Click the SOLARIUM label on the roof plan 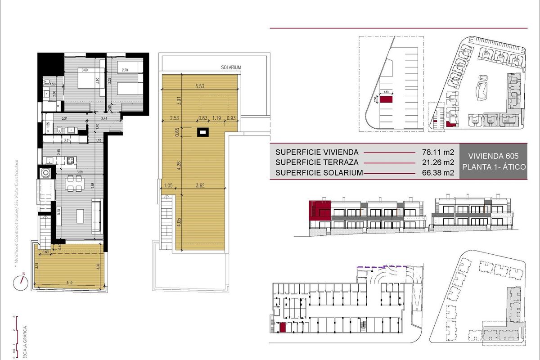coord(231,67)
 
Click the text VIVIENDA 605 coord(494,156)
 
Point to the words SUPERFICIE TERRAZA coord(317,162)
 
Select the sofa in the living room coord(96,217)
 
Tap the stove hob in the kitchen coord(71,160)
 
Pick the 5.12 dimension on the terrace coord(70,283)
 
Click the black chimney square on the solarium coord(203,132)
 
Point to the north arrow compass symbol coord(20,282)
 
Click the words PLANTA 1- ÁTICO coord(494,167)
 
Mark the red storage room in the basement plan coord(283,328)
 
